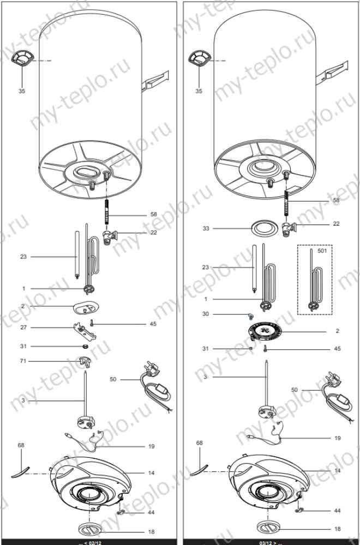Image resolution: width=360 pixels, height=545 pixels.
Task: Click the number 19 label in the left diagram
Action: (x=151, y=446)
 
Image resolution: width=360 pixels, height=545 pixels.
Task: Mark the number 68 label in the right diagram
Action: (x=199, y=443)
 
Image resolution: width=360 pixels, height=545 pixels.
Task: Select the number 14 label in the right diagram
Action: (x=338, y=470)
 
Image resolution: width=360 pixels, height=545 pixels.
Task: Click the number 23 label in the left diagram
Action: (x=23, y=256)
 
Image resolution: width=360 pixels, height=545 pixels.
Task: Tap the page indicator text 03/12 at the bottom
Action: (x=266, y=542)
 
